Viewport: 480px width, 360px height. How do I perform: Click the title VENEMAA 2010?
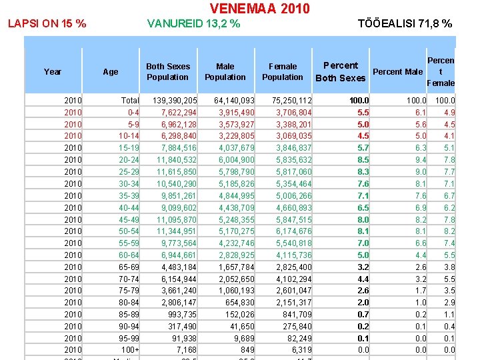click(259, 9)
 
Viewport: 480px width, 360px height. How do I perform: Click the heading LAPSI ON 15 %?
click(47, 24)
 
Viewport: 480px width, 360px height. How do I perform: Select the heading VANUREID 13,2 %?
click(193, 24)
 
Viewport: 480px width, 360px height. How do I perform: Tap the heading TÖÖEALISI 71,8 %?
click(405, 24)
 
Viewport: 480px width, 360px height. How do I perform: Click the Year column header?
click(53, 72)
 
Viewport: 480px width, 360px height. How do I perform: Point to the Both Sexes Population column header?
click(168, 72)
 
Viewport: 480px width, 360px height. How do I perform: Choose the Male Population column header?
click(225, 72)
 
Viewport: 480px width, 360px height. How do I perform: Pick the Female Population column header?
click(283, 72)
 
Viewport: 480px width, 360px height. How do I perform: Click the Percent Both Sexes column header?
click(341, 72)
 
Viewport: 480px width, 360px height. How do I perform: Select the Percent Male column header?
click(398, 72)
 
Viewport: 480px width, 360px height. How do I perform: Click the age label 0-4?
click(133, 113)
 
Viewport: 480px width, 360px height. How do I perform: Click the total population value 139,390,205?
click(175, 101)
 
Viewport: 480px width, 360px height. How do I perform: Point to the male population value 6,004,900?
click(234, 160)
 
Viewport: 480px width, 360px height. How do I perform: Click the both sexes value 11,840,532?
click(177, 160)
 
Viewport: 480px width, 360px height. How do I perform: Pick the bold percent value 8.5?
click(363, 160)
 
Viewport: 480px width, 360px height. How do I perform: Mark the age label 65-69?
click(129, 267)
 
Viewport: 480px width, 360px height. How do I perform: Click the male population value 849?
click(247, 350)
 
